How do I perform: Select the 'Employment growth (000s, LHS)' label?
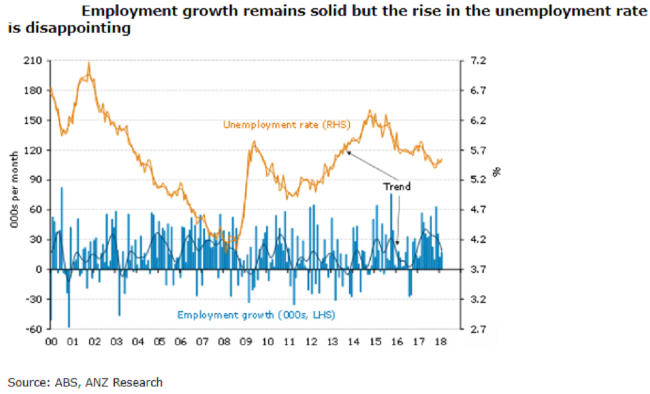tap(256, 314)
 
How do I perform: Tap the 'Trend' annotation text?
tap(397, 186)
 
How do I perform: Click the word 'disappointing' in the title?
tap(69, 28)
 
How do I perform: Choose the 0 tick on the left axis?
tap(39, 270)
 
